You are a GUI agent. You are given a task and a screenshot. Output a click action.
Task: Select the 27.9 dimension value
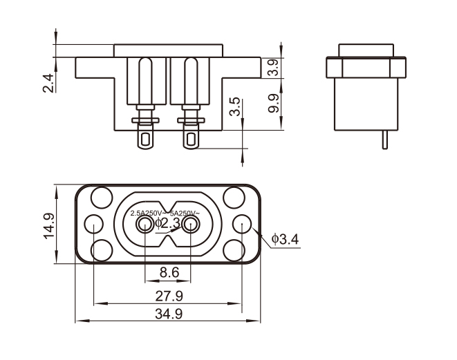click(x=169, y=296)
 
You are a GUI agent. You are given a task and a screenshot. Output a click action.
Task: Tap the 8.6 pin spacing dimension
click(x=169, y=273)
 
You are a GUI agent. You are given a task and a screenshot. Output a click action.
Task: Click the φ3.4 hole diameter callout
click(x=285, y=240)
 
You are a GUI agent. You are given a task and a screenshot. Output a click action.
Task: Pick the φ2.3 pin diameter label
click(x=167, y=223)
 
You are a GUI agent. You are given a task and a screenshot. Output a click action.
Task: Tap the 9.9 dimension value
click(x=273, y=104)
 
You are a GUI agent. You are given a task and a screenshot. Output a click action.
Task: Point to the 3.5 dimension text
click(x=236, y=106)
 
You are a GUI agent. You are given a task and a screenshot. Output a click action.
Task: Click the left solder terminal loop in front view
click(x=145, y=141)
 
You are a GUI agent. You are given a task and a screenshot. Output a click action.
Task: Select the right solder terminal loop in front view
click(x=191, y=141)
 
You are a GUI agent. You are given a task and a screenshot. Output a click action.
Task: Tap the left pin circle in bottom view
click(x=144, y=225)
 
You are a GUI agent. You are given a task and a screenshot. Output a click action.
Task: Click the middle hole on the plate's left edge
click(x=92, y=224)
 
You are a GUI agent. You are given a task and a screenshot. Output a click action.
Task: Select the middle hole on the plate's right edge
click(x=243, y=224)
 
